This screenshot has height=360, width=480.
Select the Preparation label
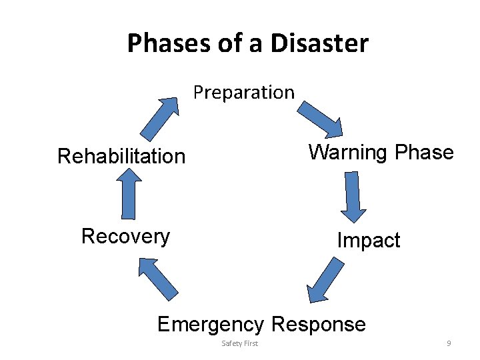click(244, 92)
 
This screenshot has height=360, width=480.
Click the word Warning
click(349, 153)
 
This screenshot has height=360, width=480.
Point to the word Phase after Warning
click(424, 153)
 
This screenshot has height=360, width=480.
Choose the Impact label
click(368, 240)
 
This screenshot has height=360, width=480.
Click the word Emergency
click(211, 325)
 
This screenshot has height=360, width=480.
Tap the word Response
click(319, 325)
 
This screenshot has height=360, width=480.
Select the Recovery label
click(125, 236)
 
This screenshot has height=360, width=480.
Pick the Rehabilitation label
click(121, 157)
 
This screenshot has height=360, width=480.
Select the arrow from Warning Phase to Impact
click(352, 197)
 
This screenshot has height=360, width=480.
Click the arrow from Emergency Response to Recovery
click(157, 277)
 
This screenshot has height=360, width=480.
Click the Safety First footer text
click(239, 343)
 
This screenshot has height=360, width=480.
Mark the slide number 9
click(449, 343)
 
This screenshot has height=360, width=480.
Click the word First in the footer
click(250, 343)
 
